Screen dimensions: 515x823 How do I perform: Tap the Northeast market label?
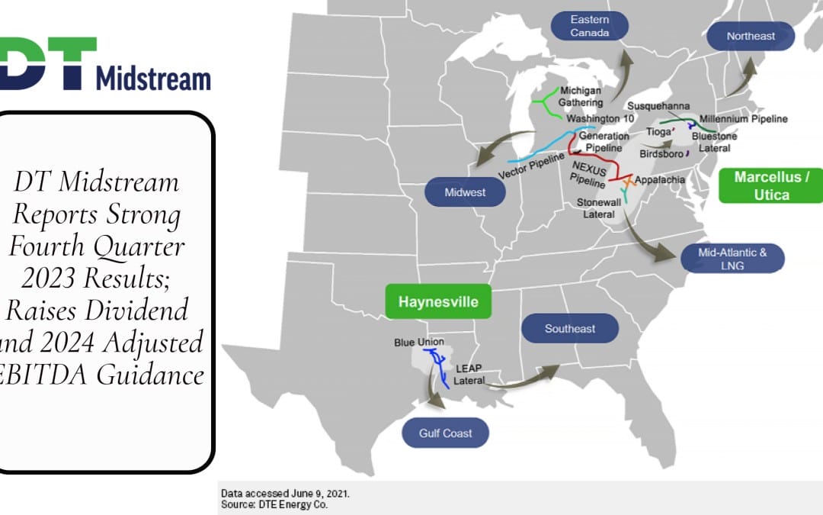pos(751,36)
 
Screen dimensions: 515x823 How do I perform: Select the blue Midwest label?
pos(465,192)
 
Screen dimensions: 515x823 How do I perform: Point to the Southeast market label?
pos(569,329)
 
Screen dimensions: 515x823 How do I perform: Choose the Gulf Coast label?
pos(445,433)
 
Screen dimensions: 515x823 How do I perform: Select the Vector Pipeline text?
pos(532,165)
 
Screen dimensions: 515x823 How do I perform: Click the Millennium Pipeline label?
pos(743,119)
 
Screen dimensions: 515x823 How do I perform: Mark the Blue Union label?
pos(419,342)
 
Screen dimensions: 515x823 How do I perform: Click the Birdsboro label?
pos(660,153)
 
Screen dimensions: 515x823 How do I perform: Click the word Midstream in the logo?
pos(152,78)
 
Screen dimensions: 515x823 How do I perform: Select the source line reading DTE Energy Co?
pos(275,504)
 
